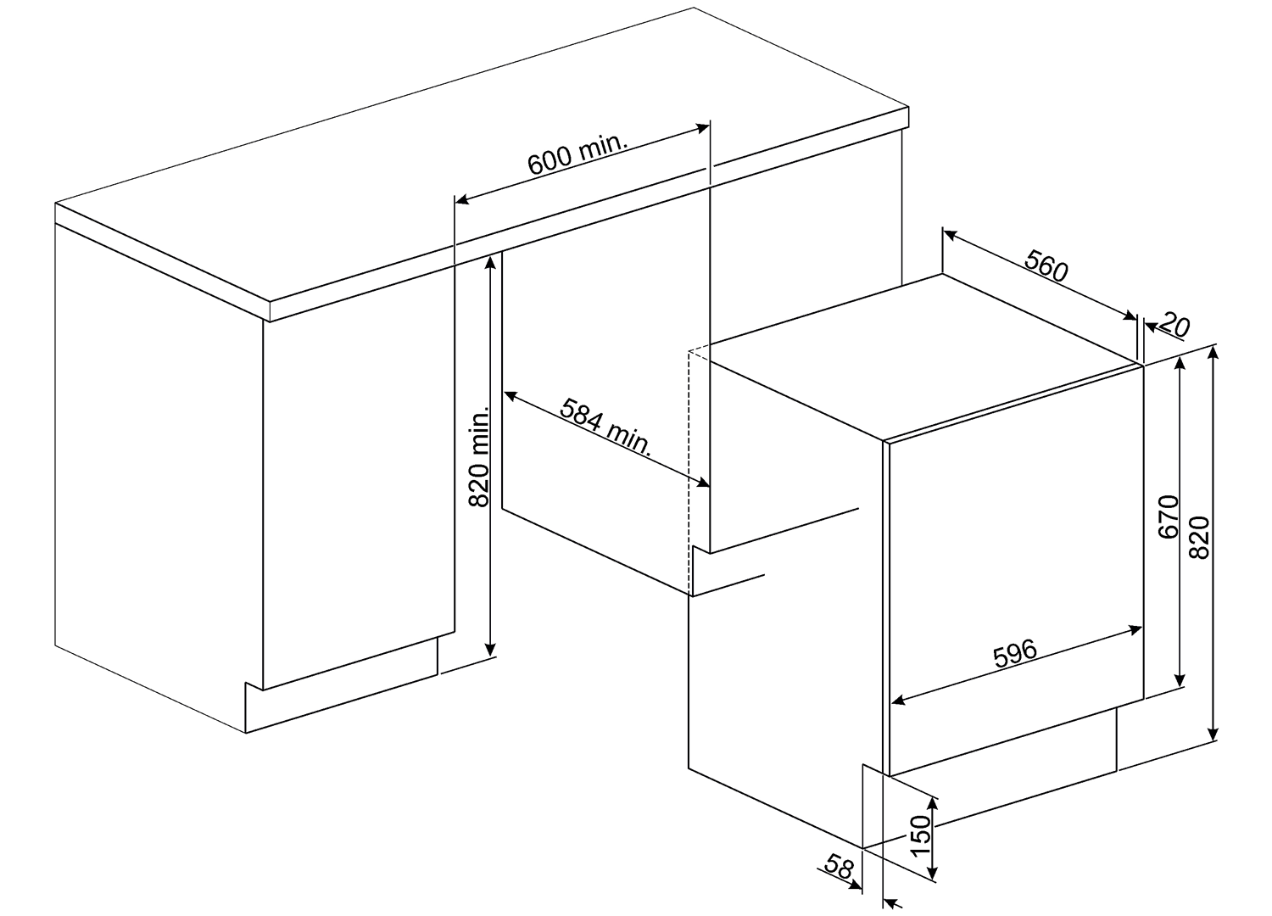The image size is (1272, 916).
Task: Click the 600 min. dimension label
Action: (x=577, y=154)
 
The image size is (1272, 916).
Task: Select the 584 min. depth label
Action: (x=605, y=427)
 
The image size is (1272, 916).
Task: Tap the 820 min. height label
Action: (x=479, y=456)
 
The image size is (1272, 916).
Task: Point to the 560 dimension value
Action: (x=1046, y=266)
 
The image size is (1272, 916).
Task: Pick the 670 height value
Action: (x=1169, y=517)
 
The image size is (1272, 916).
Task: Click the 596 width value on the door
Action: (x=1015, y=654)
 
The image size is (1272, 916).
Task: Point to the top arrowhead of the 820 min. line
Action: (x=492, y=262)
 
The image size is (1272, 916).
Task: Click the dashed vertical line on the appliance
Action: (x=689, y=472)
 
